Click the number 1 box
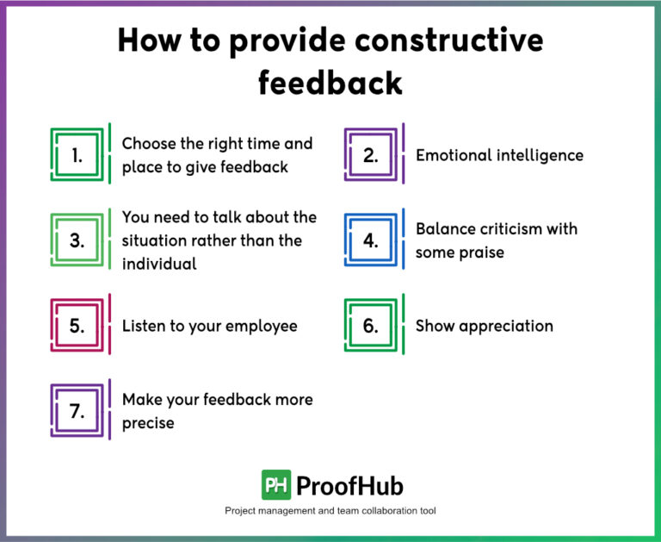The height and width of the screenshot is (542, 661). click(x=77, y=156)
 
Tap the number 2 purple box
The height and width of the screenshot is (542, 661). click(x=371, y=156)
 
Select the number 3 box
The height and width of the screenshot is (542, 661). click(x=77, y=240)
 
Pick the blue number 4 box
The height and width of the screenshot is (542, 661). click(x=371, y=240)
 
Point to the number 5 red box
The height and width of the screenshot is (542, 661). click(x=77, y=326)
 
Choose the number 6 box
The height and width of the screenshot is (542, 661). click(x=371, y=326)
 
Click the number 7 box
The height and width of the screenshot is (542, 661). click(x=77, y=411)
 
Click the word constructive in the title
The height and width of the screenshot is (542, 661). click(x=431, y=40)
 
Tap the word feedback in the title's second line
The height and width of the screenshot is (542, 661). click(x=330, y=82)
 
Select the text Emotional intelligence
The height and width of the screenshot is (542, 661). click(x=499, y=156)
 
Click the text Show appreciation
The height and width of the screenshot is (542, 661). click(x=484, y=326)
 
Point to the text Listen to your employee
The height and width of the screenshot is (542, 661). click(x=209, y=326)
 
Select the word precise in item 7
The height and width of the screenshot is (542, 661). click(x=148, y=423)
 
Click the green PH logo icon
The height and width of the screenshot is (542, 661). click(x=275, y=485)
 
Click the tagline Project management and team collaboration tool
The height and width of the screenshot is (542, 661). click(x=330, y=511)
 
